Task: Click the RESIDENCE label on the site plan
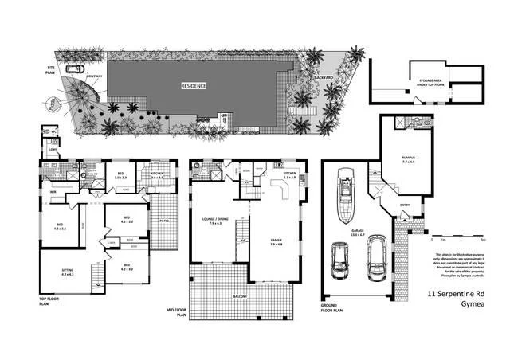click(194, 85)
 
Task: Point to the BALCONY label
click(240, 297)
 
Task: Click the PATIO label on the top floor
click(163, 220)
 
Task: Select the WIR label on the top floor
click(53, 191)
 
